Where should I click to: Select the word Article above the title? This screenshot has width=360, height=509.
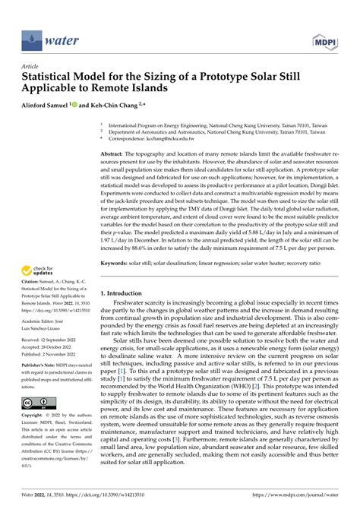tap(30, 66)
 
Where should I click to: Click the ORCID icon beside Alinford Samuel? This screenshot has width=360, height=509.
tap(93, 107)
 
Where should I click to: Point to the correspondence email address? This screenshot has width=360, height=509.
tap(172, 139)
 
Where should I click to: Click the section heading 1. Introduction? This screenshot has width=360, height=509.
tap(128, 292)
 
